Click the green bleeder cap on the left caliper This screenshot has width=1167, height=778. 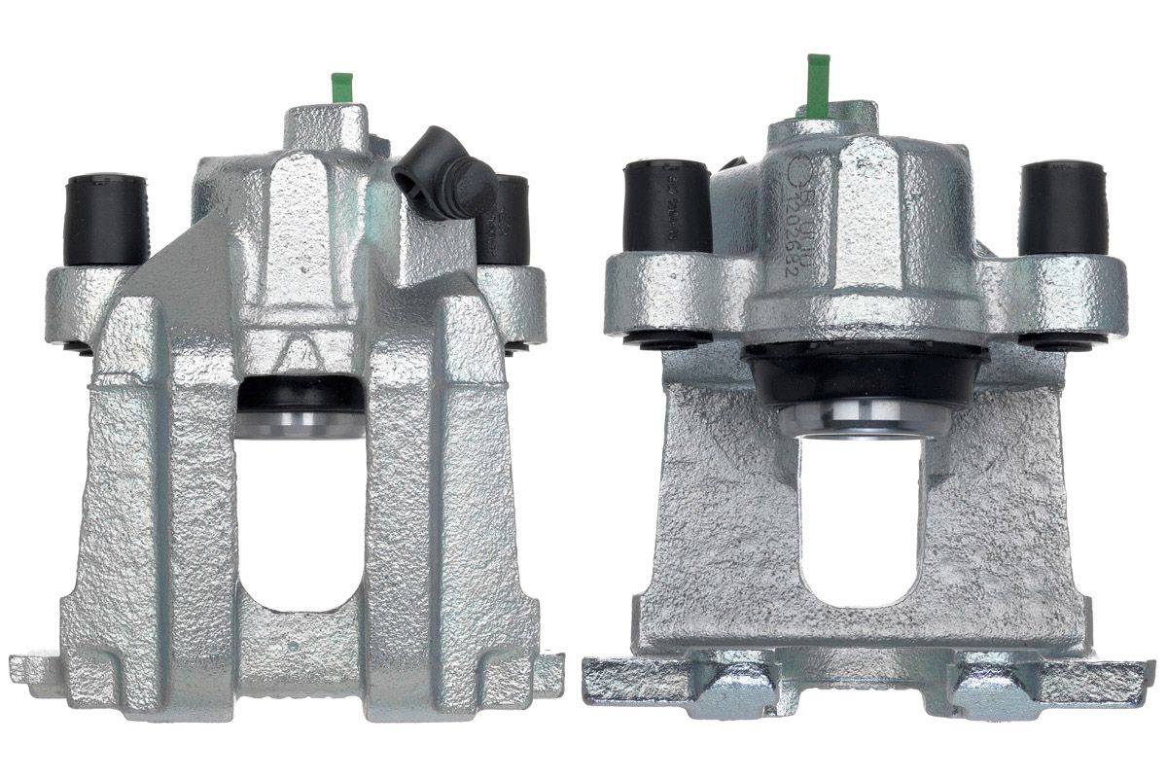click(340, 87)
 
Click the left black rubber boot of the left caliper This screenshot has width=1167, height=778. click(106, 219)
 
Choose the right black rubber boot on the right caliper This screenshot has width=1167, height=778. click(1060, 207)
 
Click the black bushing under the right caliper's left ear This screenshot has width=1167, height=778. click(665, 338)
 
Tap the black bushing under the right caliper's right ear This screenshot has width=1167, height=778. click(1062, 339)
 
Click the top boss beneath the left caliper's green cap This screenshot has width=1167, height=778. click(326, 126)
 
